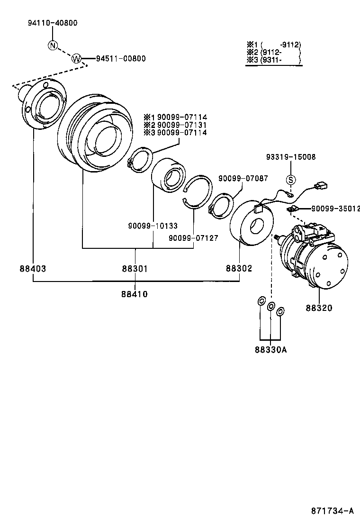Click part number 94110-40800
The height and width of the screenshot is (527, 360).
pos(52,23)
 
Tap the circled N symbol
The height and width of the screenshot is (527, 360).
pos(53,45)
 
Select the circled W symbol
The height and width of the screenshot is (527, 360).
pos(76,58)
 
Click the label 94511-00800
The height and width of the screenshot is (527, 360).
pos(120,59)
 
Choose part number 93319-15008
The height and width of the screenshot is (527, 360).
pos(290,157)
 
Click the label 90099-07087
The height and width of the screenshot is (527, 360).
pos(243,178)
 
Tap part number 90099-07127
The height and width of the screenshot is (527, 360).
pos(193,238)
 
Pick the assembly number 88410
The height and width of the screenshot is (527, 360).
pos(135,294)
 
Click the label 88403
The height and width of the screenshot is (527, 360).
pos(33,268)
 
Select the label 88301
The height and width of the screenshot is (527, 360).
pos(135,268)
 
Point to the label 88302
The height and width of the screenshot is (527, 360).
pos(239,268)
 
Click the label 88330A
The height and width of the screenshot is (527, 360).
pos(270,350)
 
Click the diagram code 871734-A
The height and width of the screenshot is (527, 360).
pos(332,511)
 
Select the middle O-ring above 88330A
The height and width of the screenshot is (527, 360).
pos(271,307)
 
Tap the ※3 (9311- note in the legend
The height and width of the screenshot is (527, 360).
pos(265,60)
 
